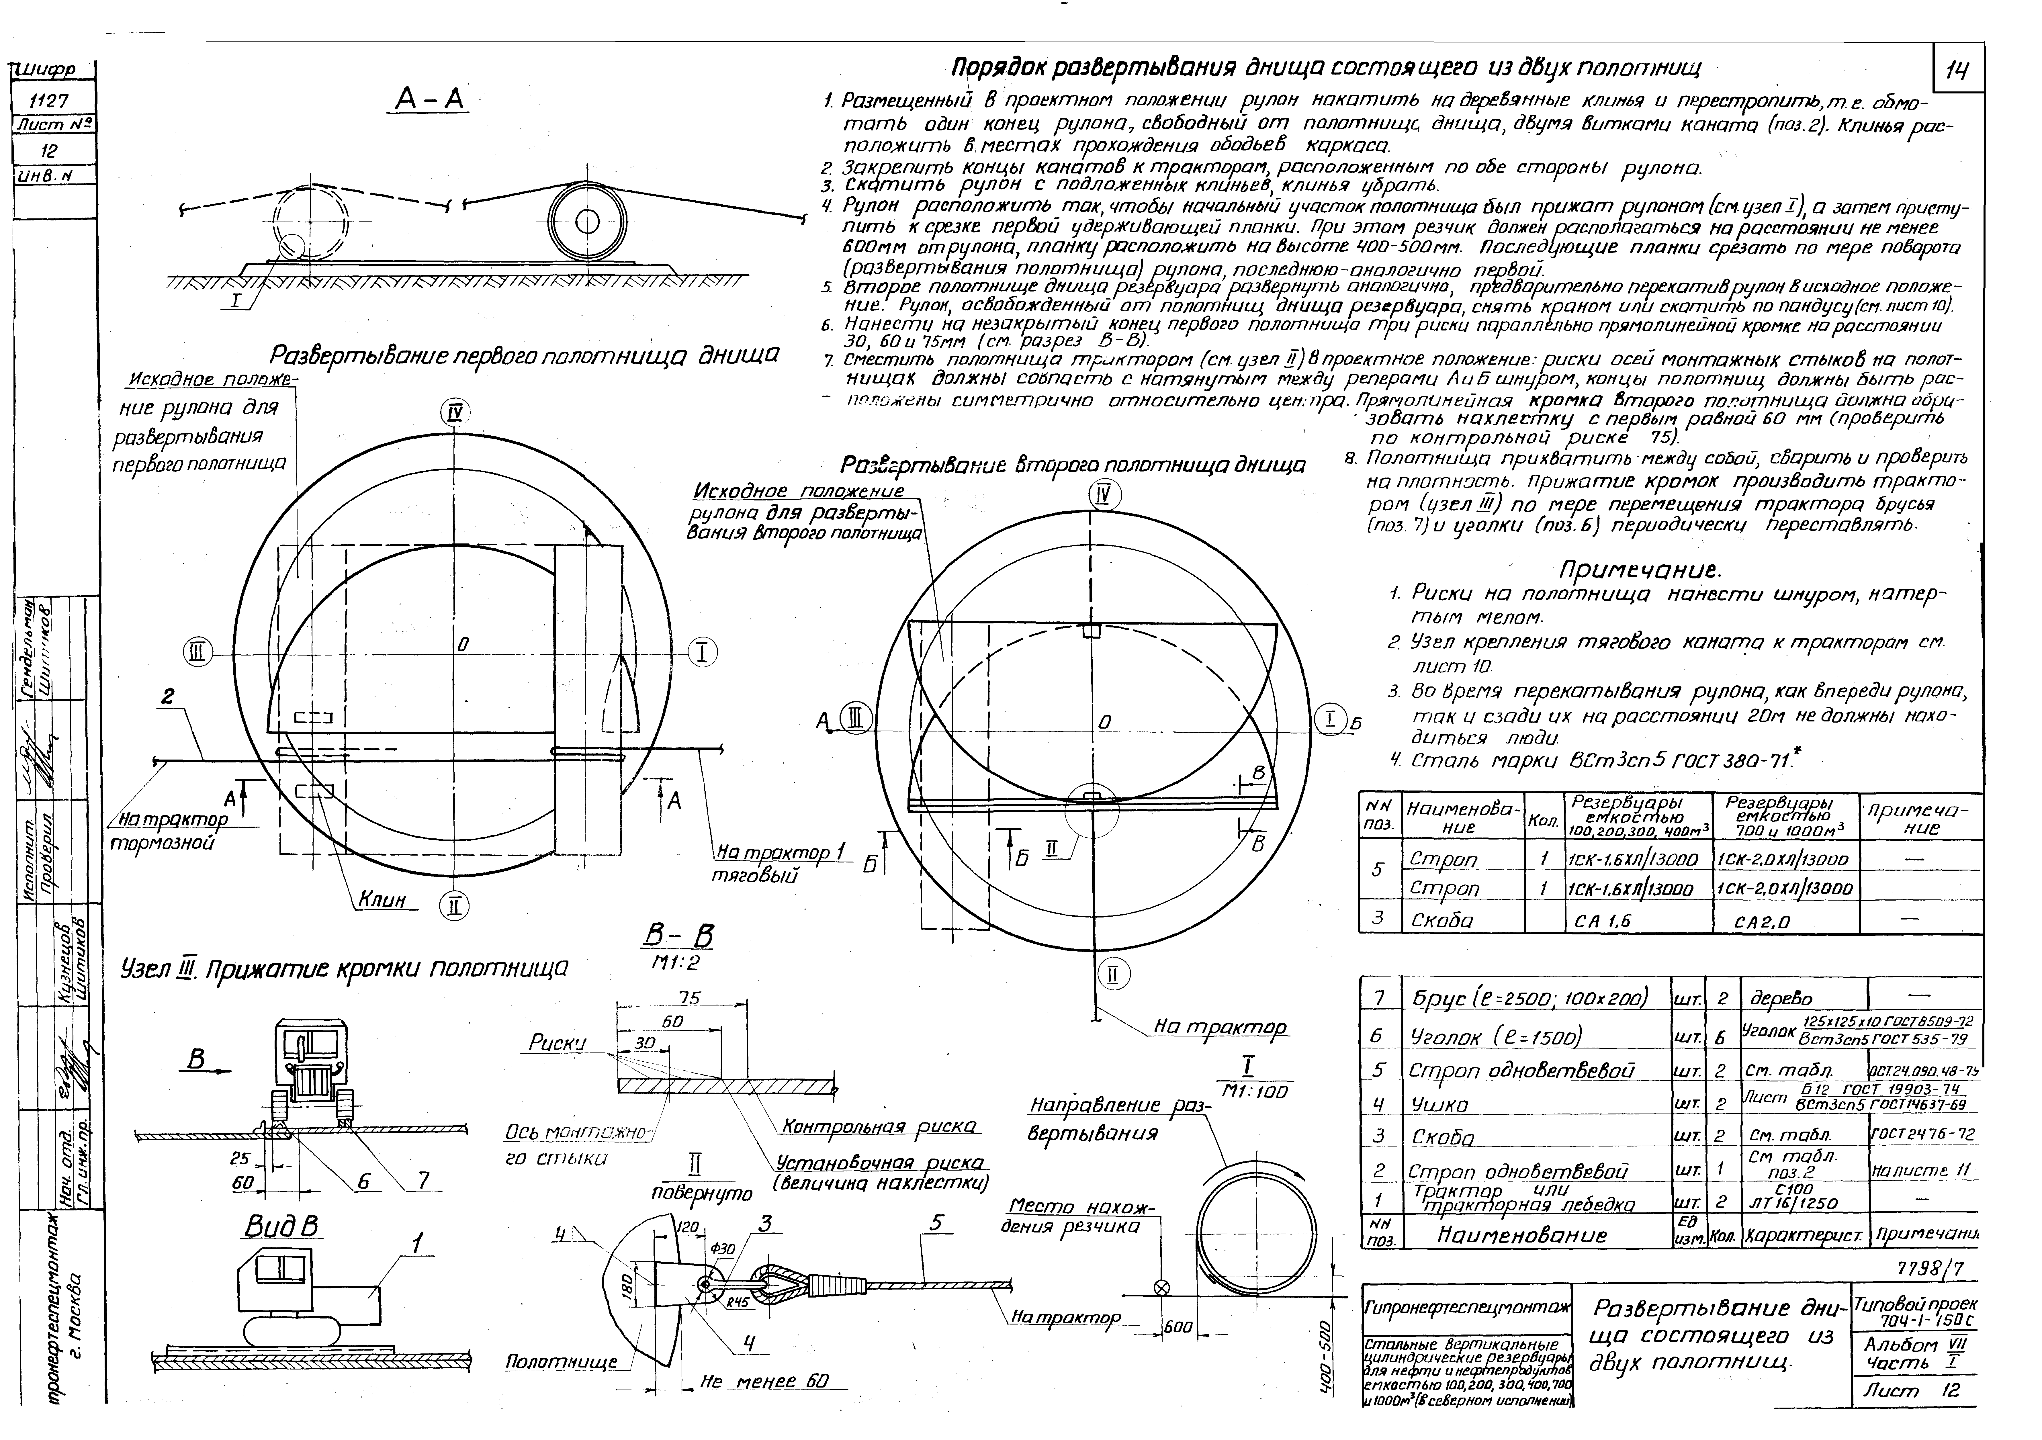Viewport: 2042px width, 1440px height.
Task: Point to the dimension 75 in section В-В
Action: tap(689, 999)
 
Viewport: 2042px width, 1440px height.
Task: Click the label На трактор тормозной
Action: tap(173, 831)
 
